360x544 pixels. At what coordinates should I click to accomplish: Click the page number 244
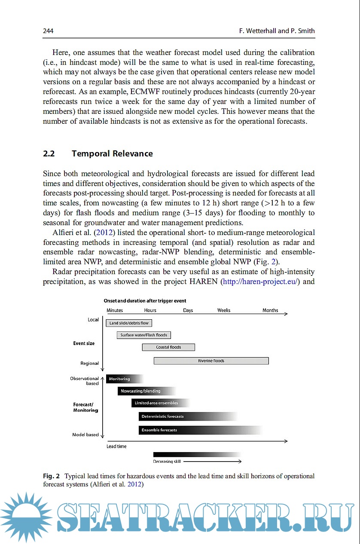coord(48,31)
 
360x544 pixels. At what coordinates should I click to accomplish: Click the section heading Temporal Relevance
coord(112,154)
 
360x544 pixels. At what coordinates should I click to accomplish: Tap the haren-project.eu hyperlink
coord(260,282)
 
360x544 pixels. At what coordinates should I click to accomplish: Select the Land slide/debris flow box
coord(129,323)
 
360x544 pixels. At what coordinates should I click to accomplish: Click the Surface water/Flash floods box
coord(143,335)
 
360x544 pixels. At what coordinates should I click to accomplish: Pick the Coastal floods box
coord(168,347)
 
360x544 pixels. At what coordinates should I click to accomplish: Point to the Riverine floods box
coord(211,361)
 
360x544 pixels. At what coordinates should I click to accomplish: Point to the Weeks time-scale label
coord(224,310)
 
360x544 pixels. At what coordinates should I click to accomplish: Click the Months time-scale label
coord(270,310)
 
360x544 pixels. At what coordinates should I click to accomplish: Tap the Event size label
coord(84,343)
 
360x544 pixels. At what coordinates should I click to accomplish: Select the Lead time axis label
coord(116,446)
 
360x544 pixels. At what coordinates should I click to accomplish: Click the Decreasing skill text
coord(167,461)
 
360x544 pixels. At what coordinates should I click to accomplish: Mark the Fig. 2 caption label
coord(51,476)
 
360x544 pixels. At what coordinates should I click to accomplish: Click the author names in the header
coord(277,31)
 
